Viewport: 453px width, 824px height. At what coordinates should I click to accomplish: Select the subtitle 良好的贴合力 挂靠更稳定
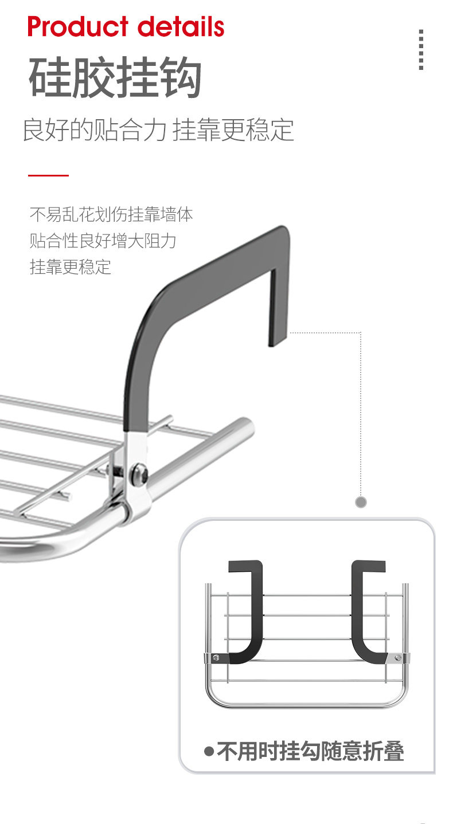pos(158,130)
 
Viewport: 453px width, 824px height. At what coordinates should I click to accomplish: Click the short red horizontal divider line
pos(48,175)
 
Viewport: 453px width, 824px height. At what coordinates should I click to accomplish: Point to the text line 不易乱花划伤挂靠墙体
pos(111,214)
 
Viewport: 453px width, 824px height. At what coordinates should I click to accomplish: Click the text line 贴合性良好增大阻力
pos(103,241)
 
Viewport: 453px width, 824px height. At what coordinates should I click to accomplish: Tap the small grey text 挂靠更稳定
pos(70,266)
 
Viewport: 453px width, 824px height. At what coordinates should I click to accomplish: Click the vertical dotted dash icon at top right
pos(421,50)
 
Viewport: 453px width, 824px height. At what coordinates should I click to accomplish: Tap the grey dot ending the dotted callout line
pos(361,503)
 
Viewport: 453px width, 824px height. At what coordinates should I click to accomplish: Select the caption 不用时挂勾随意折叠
pos(310,751)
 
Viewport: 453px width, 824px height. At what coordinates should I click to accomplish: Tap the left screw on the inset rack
pos(216,658)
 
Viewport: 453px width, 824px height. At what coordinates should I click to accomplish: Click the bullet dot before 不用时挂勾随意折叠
pos(209,751)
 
